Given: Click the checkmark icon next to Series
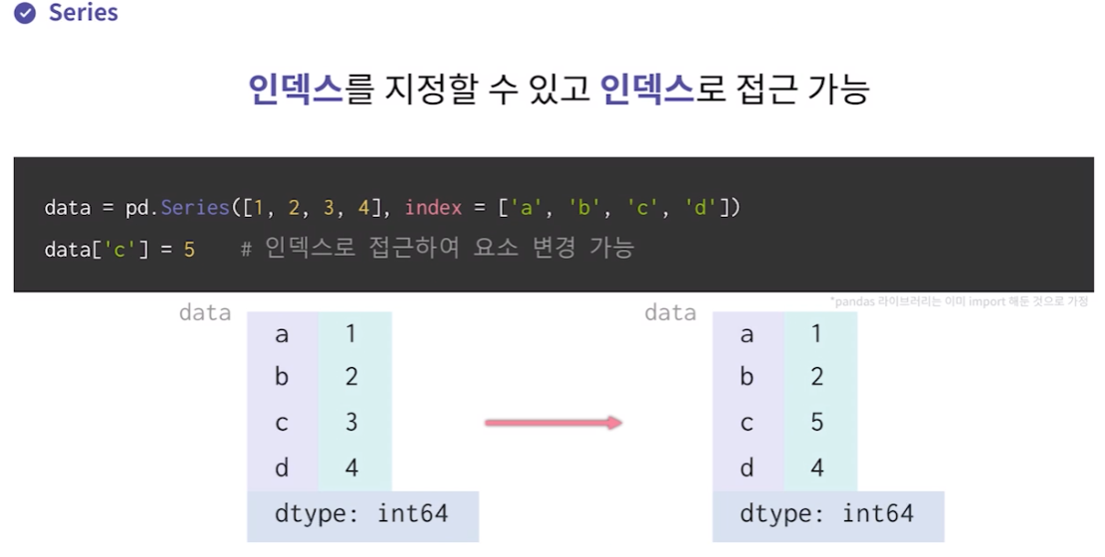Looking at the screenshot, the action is click(25, 14).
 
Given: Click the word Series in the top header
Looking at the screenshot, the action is click(84, 14).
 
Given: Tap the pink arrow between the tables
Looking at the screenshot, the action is click(553, 423).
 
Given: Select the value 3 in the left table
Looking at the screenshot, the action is click(351, 423).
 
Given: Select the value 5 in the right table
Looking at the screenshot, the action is click(817, 423).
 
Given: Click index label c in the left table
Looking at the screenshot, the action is click(282, 423).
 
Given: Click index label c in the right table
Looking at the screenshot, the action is click(747, 423).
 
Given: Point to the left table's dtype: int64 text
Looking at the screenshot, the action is click(361, 514).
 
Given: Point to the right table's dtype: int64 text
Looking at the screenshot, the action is click(827, 514).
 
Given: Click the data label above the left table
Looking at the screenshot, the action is click(205, 313).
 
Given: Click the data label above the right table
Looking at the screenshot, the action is click(670, 313).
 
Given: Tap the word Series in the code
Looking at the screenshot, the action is click(194, 208).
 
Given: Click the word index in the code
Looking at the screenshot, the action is click(434, 208).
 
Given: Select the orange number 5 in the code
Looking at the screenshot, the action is click(189, 248).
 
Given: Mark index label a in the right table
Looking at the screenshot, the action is click(747, 334).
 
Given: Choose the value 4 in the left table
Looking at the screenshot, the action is click(351, 467).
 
